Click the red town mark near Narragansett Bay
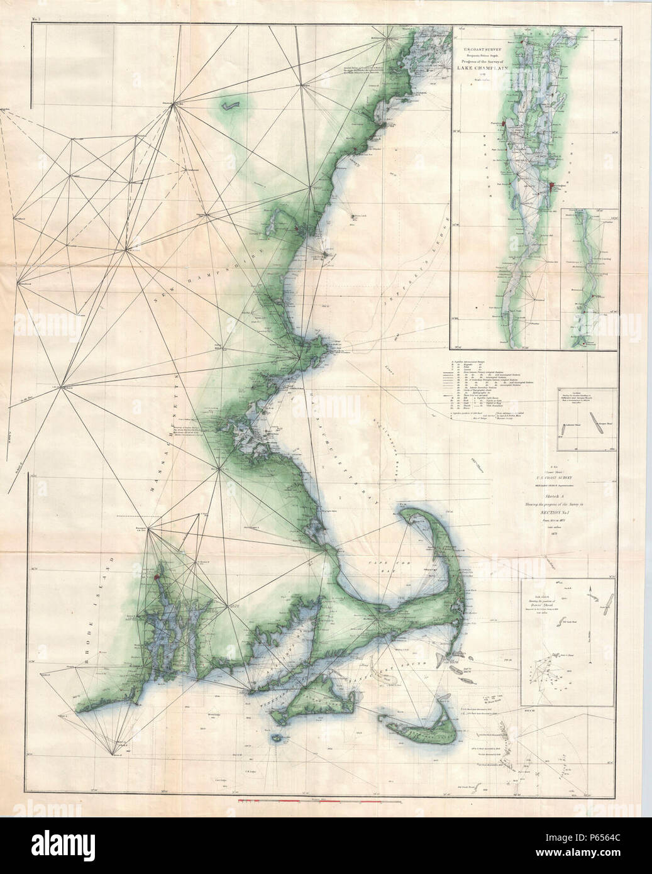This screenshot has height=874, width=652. click(x=155, y=573)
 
